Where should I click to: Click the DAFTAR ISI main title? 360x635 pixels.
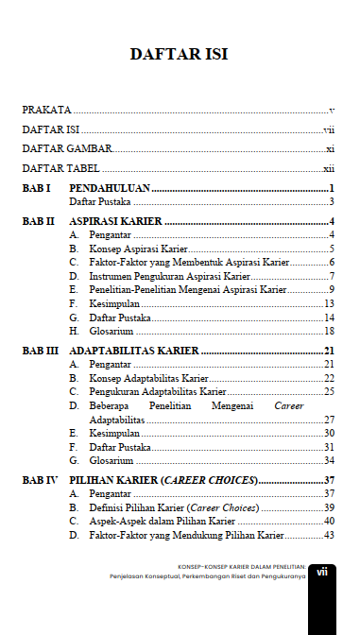[180, 54]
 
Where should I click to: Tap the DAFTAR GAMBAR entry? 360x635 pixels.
[67, 148]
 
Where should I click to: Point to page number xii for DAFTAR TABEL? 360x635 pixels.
[329, 168]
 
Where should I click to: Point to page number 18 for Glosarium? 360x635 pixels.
[330, 331]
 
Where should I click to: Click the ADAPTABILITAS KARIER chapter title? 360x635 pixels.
[133, 351]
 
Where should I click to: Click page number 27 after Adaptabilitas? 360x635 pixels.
[330, 420]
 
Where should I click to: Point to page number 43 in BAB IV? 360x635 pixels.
[330, 535]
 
